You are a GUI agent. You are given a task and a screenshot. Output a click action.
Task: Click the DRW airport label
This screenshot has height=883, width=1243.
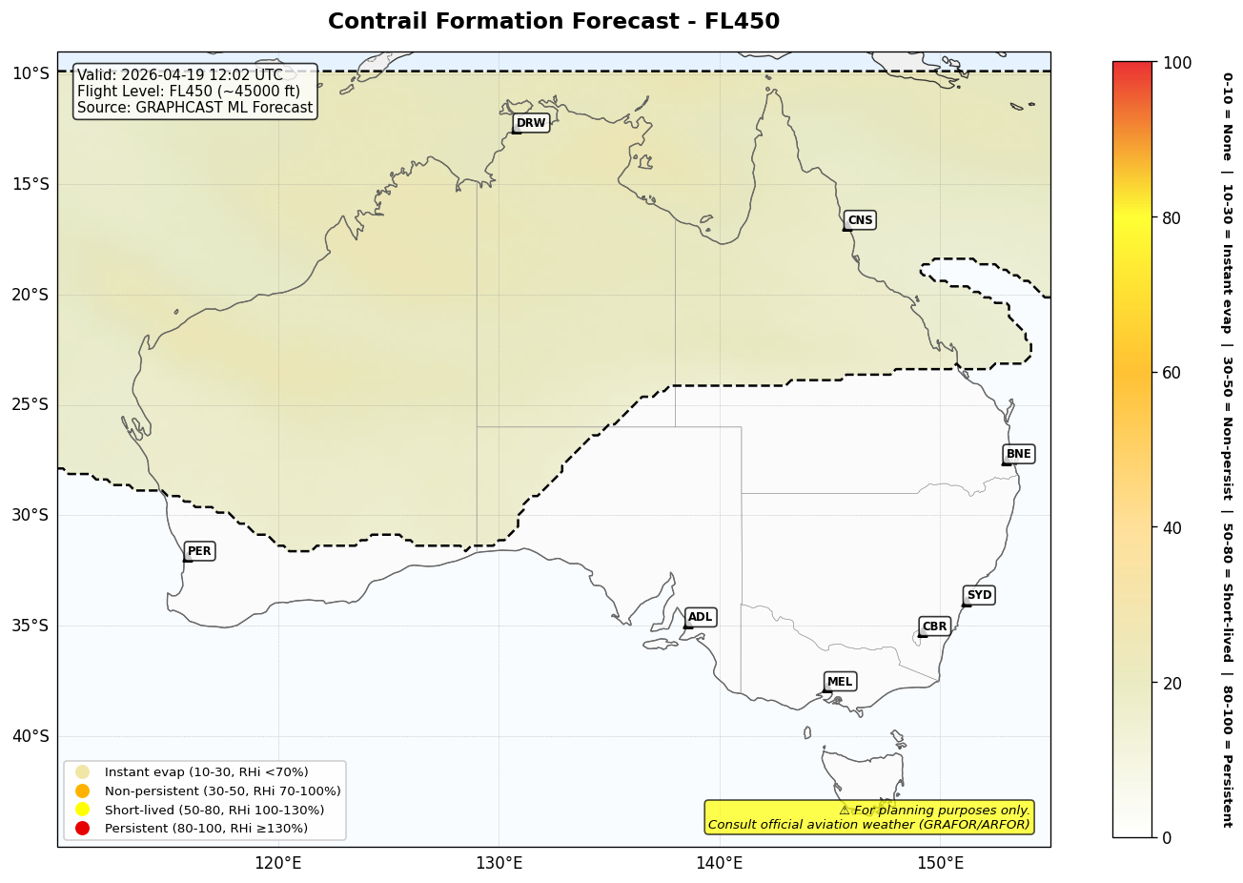531,123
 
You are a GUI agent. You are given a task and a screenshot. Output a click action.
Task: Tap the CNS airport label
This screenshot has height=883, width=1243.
860,220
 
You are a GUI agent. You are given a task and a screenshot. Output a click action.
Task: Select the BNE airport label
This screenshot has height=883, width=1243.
1018,454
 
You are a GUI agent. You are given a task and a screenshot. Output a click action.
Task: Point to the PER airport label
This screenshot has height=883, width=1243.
199,551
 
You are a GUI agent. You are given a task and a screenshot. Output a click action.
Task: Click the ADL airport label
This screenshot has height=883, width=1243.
700,617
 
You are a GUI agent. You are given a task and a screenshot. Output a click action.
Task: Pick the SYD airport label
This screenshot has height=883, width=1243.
979,595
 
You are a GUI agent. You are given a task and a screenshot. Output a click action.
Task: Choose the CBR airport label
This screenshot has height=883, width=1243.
934,626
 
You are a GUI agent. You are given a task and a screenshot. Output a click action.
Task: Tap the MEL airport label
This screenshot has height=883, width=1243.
840,682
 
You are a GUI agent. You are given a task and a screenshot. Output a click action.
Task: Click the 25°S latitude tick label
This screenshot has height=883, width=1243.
30,404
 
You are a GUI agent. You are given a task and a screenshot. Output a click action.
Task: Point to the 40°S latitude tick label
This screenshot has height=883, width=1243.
30,736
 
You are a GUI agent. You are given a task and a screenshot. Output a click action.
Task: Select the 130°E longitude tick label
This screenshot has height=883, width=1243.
499,864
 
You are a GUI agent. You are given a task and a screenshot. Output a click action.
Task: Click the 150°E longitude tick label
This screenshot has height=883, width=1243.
940,864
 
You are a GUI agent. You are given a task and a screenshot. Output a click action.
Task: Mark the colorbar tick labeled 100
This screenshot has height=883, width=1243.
1177,63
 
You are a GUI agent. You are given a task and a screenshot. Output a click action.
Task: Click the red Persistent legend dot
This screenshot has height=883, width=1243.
83,828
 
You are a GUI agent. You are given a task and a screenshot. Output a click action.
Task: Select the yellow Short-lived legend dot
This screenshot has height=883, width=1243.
83,810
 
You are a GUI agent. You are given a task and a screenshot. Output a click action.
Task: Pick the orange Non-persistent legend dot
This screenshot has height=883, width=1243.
83,791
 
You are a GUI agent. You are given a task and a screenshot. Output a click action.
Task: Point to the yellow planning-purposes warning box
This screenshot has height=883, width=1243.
868,817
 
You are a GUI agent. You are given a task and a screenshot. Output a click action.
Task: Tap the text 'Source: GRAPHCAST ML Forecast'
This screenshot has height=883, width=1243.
195,108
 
